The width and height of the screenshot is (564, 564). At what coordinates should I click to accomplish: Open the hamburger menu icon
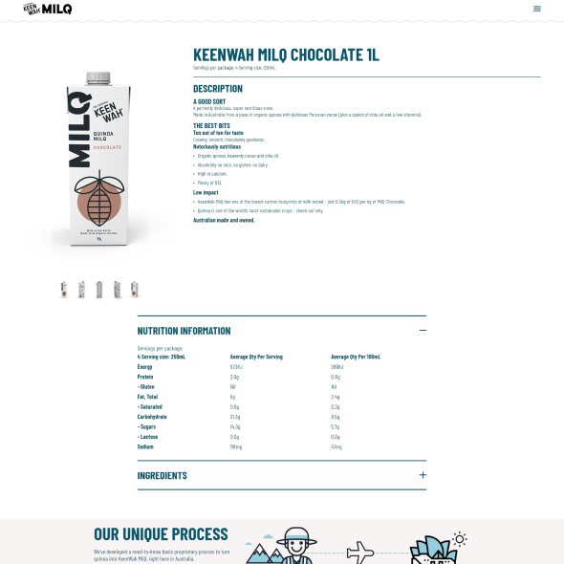(x=537, y=9)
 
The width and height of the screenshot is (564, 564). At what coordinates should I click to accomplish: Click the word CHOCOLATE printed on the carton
(x=107, y=147)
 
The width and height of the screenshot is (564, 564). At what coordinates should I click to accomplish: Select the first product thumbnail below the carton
(x=64, y=289)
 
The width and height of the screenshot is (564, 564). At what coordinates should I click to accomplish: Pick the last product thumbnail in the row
(x=135, y=289)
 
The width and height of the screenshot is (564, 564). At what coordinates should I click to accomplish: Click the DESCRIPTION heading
(x=218, y=89)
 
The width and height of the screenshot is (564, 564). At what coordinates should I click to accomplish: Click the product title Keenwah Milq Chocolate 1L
(x=286, y=54)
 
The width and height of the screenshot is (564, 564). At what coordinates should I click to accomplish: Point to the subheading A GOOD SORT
(x=210, y=101)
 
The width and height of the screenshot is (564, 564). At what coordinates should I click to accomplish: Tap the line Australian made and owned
(x=224, y=220)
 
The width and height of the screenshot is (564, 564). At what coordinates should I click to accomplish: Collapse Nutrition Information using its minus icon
(x=423, y=330)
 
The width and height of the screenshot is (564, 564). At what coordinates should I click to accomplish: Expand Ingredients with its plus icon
(x=423, y=474)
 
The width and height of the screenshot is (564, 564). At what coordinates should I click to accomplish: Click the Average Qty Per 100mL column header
(x=356, y=357)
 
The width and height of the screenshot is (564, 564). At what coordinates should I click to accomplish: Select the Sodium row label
(x=146, y=446)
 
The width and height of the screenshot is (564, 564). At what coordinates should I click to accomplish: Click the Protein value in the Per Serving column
(x=234, y=377)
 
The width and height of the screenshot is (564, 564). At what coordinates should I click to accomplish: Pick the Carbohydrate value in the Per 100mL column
(x=336, y=417)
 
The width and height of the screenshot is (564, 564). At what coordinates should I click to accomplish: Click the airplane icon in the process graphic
(x=359, y=552)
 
